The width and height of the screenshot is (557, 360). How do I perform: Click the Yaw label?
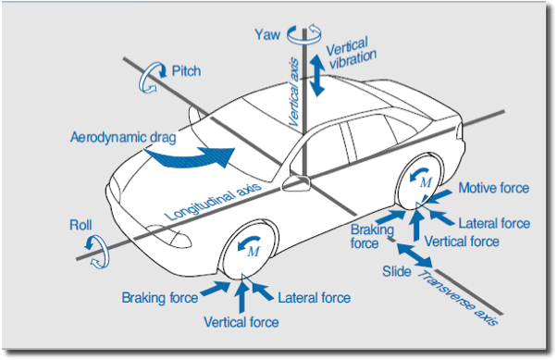tap(267, 35)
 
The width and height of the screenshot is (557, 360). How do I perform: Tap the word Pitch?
tap(186, 70)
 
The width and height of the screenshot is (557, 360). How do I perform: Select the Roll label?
tap(80, 225)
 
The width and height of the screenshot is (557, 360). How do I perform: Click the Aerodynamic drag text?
tap(123, 137)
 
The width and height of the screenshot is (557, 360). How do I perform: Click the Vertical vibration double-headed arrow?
tap(316, 75)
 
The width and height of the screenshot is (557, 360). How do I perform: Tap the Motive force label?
tap(494, 188)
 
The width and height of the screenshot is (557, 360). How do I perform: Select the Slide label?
tap(397, 271)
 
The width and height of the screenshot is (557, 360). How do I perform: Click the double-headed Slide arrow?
tap(415, 255)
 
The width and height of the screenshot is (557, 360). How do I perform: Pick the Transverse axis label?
tap(458, 298)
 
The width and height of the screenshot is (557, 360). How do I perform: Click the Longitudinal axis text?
tap(213, 202)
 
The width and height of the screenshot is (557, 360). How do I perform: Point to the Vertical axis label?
tap(294, 93)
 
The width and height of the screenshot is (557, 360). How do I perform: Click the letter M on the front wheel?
tap(254, 251)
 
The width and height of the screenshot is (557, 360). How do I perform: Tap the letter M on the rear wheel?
tap(426, 182)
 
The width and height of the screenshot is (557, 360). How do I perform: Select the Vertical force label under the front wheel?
tap(241, 322)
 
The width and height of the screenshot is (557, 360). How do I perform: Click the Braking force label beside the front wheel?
tap(160, 297)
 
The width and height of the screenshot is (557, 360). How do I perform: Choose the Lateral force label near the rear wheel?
tap(494, 223)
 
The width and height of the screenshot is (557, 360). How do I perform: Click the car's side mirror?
tap(296, 183)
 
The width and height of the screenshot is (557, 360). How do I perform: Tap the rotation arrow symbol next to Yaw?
tap(304, 34)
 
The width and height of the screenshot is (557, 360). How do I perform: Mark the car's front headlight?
tap(170, 236)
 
